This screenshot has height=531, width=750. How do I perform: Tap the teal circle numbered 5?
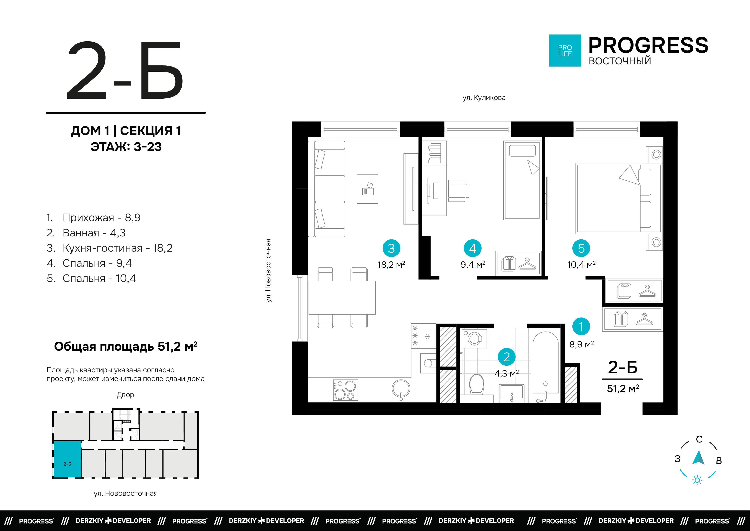[581, 248]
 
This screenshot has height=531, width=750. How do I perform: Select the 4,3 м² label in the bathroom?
[506, 373]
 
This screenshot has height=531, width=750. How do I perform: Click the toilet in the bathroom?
[477, 384]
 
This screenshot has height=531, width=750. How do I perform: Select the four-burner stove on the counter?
[345, 390]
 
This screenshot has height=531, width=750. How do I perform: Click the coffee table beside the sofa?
[367, 189]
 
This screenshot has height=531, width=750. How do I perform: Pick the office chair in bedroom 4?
[458, 191]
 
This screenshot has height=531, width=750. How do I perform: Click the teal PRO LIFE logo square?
[565, 51]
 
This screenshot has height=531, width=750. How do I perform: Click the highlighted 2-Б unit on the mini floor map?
[68, 459]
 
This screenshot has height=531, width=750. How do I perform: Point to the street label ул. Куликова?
[484, 97]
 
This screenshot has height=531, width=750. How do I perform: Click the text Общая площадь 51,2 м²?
[125, 346]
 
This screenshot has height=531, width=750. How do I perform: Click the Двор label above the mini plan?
[125, 395]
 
